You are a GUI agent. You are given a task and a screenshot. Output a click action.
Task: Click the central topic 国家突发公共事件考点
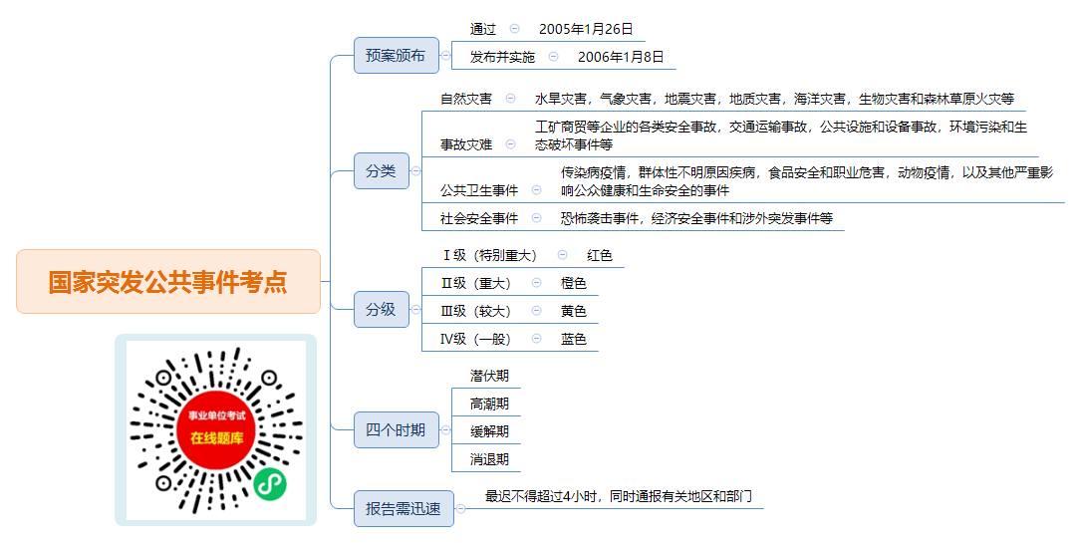point(168,282)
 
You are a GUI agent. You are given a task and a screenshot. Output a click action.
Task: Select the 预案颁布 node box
point(397,55)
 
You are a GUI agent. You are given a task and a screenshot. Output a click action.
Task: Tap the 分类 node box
point(382,171)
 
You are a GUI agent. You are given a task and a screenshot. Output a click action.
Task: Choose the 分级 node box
point(382,310)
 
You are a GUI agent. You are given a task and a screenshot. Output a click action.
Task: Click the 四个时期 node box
point(397,430)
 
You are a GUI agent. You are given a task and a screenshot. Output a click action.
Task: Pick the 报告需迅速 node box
point(404,508)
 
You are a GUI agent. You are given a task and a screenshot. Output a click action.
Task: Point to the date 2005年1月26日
point(586,29)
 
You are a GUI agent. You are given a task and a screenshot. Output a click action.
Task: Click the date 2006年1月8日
point(621,57)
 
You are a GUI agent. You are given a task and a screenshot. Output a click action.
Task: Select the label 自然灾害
point(466,99)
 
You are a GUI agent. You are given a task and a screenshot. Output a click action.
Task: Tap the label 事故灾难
point(466,144)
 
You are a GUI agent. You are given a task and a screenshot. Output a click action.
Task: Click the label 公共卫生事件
point(479,191)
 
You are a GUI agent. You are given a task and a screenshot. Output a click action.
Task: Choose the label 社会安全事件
point(479,218)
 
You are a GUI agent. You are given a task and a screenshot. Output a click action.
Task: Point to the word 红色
point(600,256)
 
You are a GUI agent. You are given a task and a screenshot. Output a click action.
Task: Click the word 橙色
point(574,283)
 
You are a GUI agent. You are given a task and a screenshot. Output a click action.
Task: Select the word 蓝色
point(574,339)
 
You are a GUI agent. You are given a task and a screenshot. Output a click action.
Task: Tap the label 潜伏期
point(489,376)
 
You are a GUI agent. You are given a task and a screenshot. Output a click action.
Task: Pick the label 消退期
point(489,459)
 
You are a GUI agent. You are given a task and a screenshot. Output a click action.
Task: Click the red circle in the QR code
point(216,429)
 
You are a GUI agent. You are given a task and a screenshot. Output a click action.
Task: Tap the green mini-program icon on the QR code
point(270,484)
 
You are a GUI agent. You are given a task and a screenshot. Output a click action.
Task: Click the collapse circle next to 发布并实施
point(554,57)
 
